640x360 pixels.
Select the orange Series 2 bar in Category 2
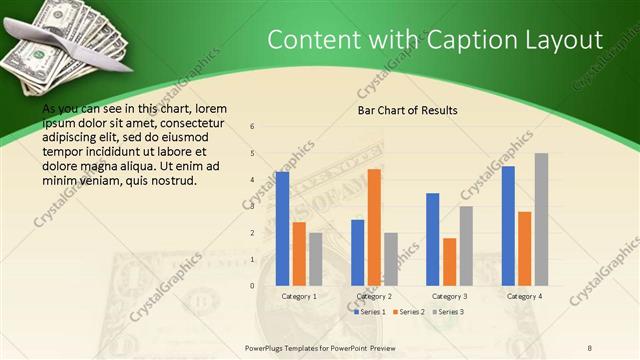[x=374, y=227]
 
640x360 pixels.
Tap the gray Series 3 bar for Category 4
[x=541, y=219]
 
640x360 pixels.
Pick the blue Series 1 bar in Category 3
[x=433, y=239]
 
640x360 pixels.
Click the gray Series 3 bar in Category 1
[x=315, y=259]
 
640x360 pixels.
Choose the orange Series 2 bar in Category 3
[x=449, y=261]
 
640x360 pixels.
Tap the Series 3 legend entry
[x=447, y=312]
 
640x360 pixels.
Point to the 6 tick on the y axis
[x=253, y=127]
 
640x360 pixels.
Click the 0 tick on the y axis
[x=253, y=286]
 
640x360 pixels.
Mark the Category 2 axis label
[x=374, y=297]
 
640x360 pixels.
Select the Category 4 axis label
[x=524, y=297]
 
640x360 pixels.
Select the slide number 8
[x=590, y=347]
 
